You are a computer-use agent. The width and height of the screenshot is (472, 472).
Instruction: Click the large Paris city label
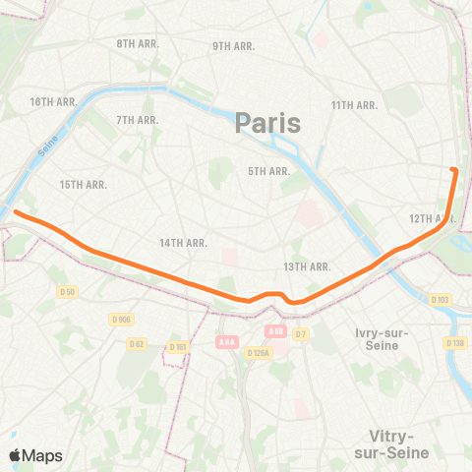coord(267,124)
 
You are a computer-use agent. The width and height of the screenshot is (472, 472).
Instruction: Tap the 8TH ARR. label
coord(138,44)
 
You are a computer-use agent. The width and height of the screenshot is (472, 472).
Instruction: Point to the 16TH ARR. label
coord(53,102)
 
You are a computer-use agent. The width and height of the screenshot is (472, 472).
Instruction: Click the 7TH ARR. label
coord(138,120)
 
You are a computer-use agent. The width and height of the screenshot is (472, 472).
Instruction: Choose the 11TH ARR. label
coord(355,105)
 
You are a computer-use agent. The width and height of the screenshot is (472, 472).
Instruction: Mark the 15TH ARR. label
coord(83,185)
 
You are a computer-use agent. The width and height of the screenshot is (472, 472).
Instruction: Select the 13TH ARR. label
coord(306,266)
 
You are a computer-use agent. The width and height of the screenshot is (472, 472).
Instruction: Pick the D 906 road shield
coord(122,320)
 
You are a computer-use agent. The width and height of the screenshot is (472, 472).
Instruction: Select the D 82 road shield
coord(137,342)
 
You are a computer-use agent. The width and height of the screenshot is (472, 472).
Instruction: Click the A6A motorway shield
coord(225,341)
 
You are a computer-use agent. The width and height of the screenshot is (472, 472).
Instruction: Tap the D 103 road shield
coord(439,300)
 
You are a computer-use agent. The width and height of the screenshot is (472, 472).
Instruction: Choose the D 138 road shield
coord(454,342)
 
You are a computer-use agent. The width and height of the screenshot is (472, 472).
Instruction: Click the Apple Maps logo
coord(35,455)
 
